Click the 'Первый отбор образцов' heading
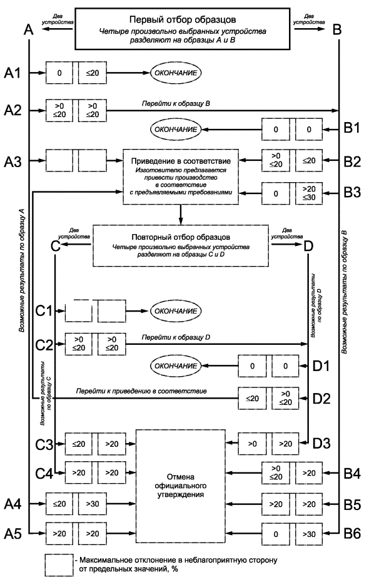(182, 19)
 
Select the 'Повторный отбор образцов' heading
(181, 237)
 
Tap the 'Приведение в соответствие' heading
(181, 161)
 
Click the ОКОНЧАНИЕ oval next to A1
(175, 73)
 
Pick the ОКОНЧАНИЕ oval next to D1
(175, 366)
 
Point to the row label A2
(13, 110)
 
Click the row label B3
(351, 193)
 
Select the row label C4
(44, 473)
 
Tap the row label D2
(321, 399)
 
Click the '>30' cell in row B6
(309, 534)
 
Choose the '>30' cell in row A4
(93, 504)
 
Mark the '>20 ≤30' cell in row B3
(309, 193)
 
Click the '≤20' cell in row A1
(93, 73)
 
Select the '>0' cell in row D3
(252, 444)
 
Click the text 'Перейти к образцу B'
(176, 103)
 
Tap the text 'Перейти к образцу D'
(176, 337)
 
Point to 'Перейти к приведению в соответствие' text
(141, 391)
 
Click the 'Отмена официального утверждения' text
(180, 486)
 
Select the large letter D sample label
(308, 246)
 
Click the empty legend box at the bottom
(59, 564)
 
